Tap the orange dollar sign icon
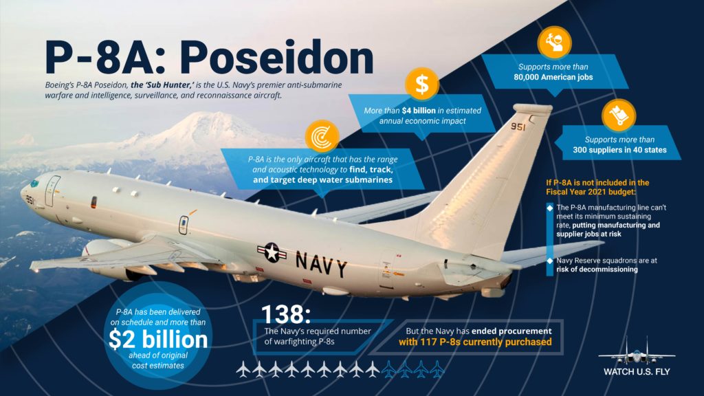[x=421, y=84]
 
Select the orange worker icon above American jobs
[x=554, y=43]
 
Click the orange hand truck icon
[x=619, y=115]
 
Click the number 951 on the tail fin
[x=518, y=127]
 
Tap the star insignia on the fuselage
[x=272, y=252]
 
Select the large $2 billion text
[x=158, y=340]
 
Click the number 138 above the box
[x=285, y=314]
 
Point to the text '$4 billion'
[x=419, y=111]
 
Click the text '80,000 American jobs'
[x=553, y=77]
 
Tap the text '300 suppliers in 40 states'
[x=619, y=150]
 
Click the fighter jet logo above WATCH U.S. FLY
[x=637, y=351]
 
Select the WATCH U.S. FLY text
[x=637, y=372]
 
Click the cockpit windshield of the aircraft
[x=34, y=183]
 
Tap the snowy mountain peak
[x=204, y=118]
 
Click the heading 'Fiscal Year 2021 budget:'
[x=591, y=192]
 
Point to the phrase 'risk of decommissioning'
[x=597, y=269]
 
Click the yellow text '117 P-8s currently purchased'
[x=486, y=342]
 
